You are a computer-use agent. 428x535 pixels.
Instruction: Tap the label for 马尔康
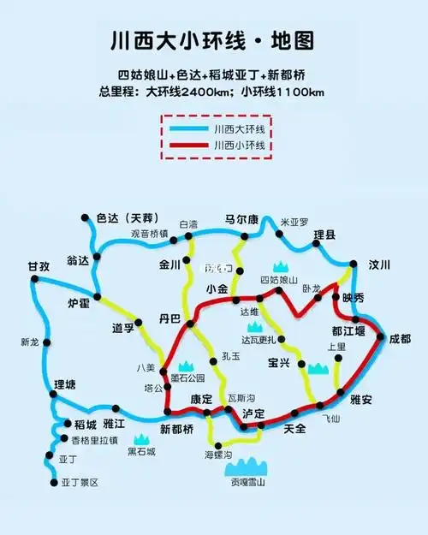(x=241, y=218)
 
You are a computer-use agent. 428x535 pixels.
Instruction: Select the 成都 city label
(x=400, y=339)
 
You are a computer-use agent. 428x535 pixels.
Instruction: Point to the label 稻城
(x=85, y=423)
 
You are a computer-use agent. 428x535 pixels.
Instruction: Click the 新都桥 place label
(x=177, y=428)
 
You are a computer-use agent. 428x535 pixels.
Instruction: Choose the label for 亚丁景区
(x=80, y=483)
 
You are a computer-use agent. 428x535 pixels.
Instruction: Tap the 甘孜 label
(x=39, y=266)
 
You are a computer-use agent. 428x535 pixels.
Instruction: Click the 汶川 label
(x=379, y=263)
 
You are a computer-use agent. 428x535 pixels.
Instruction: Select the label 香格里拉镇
(x=94, y=440)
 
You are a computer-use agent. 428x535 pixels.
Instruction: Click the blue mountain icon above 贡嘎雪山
(x=247, y=466)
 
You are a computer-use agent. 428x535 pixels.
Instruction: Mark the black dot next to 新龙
(x=48, y=342)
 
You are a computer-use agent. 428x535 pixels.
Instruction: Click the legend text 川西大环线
(x=239, y=128)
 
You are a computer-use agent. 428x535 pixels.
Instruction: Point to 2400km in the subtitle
(x=207, y=92)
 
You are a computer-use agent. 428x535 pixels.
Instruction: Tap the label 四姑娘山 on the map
(x=278, y=280)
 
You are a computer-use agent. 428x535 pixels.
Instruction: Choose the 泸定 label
(x=253, y=413)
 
